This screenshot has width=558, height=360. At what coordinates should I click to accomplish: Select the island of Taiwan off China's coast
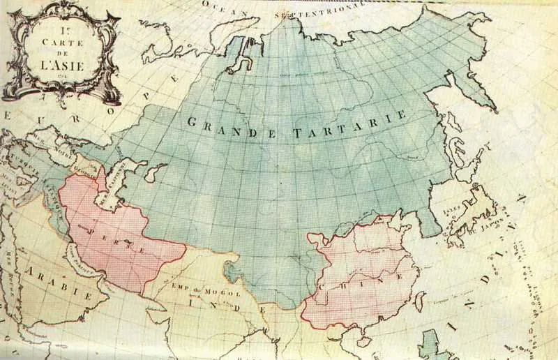point(420,302)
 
